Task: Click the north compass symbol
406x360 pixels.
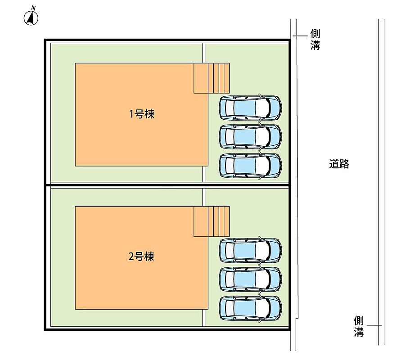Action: pos(31,18)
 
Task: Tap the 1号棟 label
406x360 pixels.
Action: pos(141,114)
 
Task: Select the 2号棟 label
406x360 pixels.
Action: pos(141,257)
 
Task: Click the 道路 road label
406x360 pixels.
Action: pos(339,164)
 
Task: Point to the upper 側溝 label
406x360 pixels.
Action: pos(315,40)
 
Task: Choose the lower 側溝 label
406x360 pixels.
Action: pos(359,327)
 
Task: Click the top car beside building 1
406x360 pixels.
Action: pos(250,107)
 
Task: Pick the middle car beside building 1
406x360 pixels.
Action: pos(250,136)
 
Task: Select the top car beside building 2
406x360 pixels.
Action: pos(250,250)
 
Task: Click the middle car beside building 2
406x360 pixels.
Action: pos(250,279)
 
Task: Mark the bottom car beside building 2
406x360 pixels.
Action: pos(250,307)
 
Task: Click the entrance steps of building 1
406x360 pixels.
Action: pos(212,78)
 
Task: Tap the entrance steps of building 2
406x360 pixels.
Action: pos(212,221)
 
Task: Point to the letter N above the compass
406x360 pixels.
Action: pos(33,8)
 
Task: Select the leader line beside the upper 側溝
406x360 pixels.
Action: pos(300,35)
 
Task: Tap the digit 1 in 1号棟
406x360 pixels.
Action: pos(131,114)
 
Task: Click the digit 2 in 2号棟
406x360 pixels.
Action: pos(131,257)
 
